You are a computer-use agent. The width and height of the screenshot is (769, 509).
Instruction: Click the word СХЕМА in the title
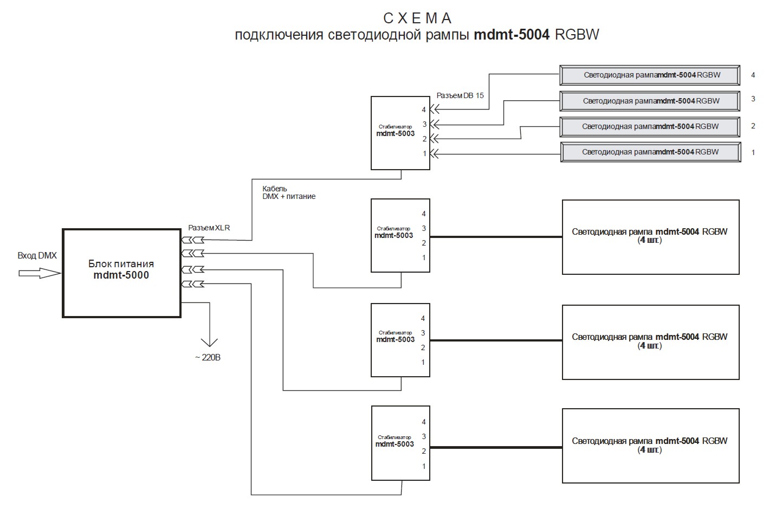point(417,18)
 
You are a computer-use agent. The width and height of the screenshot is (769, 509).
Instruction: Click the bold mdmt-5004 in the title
point(512,35)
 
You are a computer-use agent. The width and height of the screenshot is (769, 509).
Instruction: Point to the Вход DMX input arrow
point(40,273)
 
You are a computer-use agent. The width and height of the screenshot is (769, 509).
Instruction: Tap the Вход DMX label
point(37,255)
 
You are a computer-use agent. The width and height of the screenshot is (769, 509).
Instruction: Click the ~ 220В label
point(208,358)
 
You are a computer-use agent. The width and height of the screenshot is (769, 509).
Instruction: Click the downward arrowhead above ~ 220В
point(209,342)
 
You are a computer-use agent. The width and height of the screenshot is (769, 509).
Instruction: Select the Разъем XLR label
point(209,228)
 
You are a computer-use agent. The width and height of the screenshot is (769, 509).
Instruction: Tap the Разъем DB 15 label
point(460,95)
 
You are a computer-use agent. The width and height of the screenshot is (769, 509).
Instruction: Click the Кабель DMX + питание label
point(289,192)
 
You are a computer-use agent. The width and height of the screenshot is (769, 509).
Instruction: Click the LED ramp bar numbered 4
point(650,75)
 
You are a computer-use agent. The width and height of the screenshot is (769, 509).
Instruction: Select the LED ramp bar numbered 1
point(650,152)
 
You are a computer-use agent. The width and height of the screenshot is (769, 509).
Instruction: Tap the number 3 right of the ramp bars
point(753,99)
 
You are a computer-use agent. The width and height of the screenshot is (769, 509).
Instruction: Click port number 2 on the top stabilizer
point(425,139)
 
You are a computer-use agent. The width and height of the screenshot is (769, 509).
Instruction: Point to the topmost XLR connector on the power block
point(192,240)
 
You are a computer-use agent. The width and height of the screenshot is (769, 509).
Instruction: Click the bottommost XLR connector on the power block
point(192,284)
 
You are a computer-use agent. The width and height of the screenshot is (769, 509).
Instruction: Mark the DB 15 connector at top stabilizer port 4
point(435,109)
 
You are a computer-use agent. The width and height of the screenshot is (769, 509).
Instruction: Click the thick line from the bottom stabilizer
point(496,448)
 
